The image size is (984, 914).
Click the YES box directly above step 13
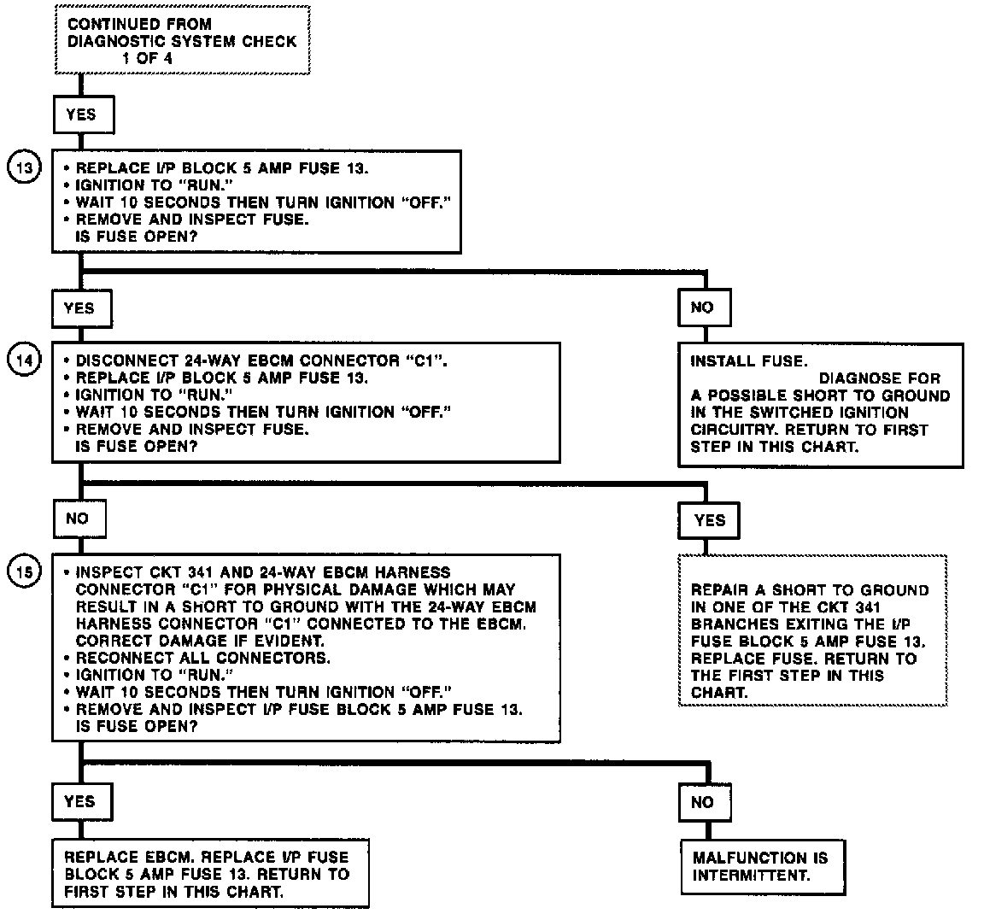[x=81, y=114]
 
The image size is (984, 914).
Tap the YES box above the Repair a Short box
[x=709, y=519]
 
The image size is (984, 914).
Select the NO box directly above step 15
[x=78, y=519]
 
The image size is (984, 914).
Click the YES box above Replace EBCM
[x=79, y=801]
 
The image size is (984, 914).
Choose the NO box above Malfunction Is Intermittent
[x=702, y=802]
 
